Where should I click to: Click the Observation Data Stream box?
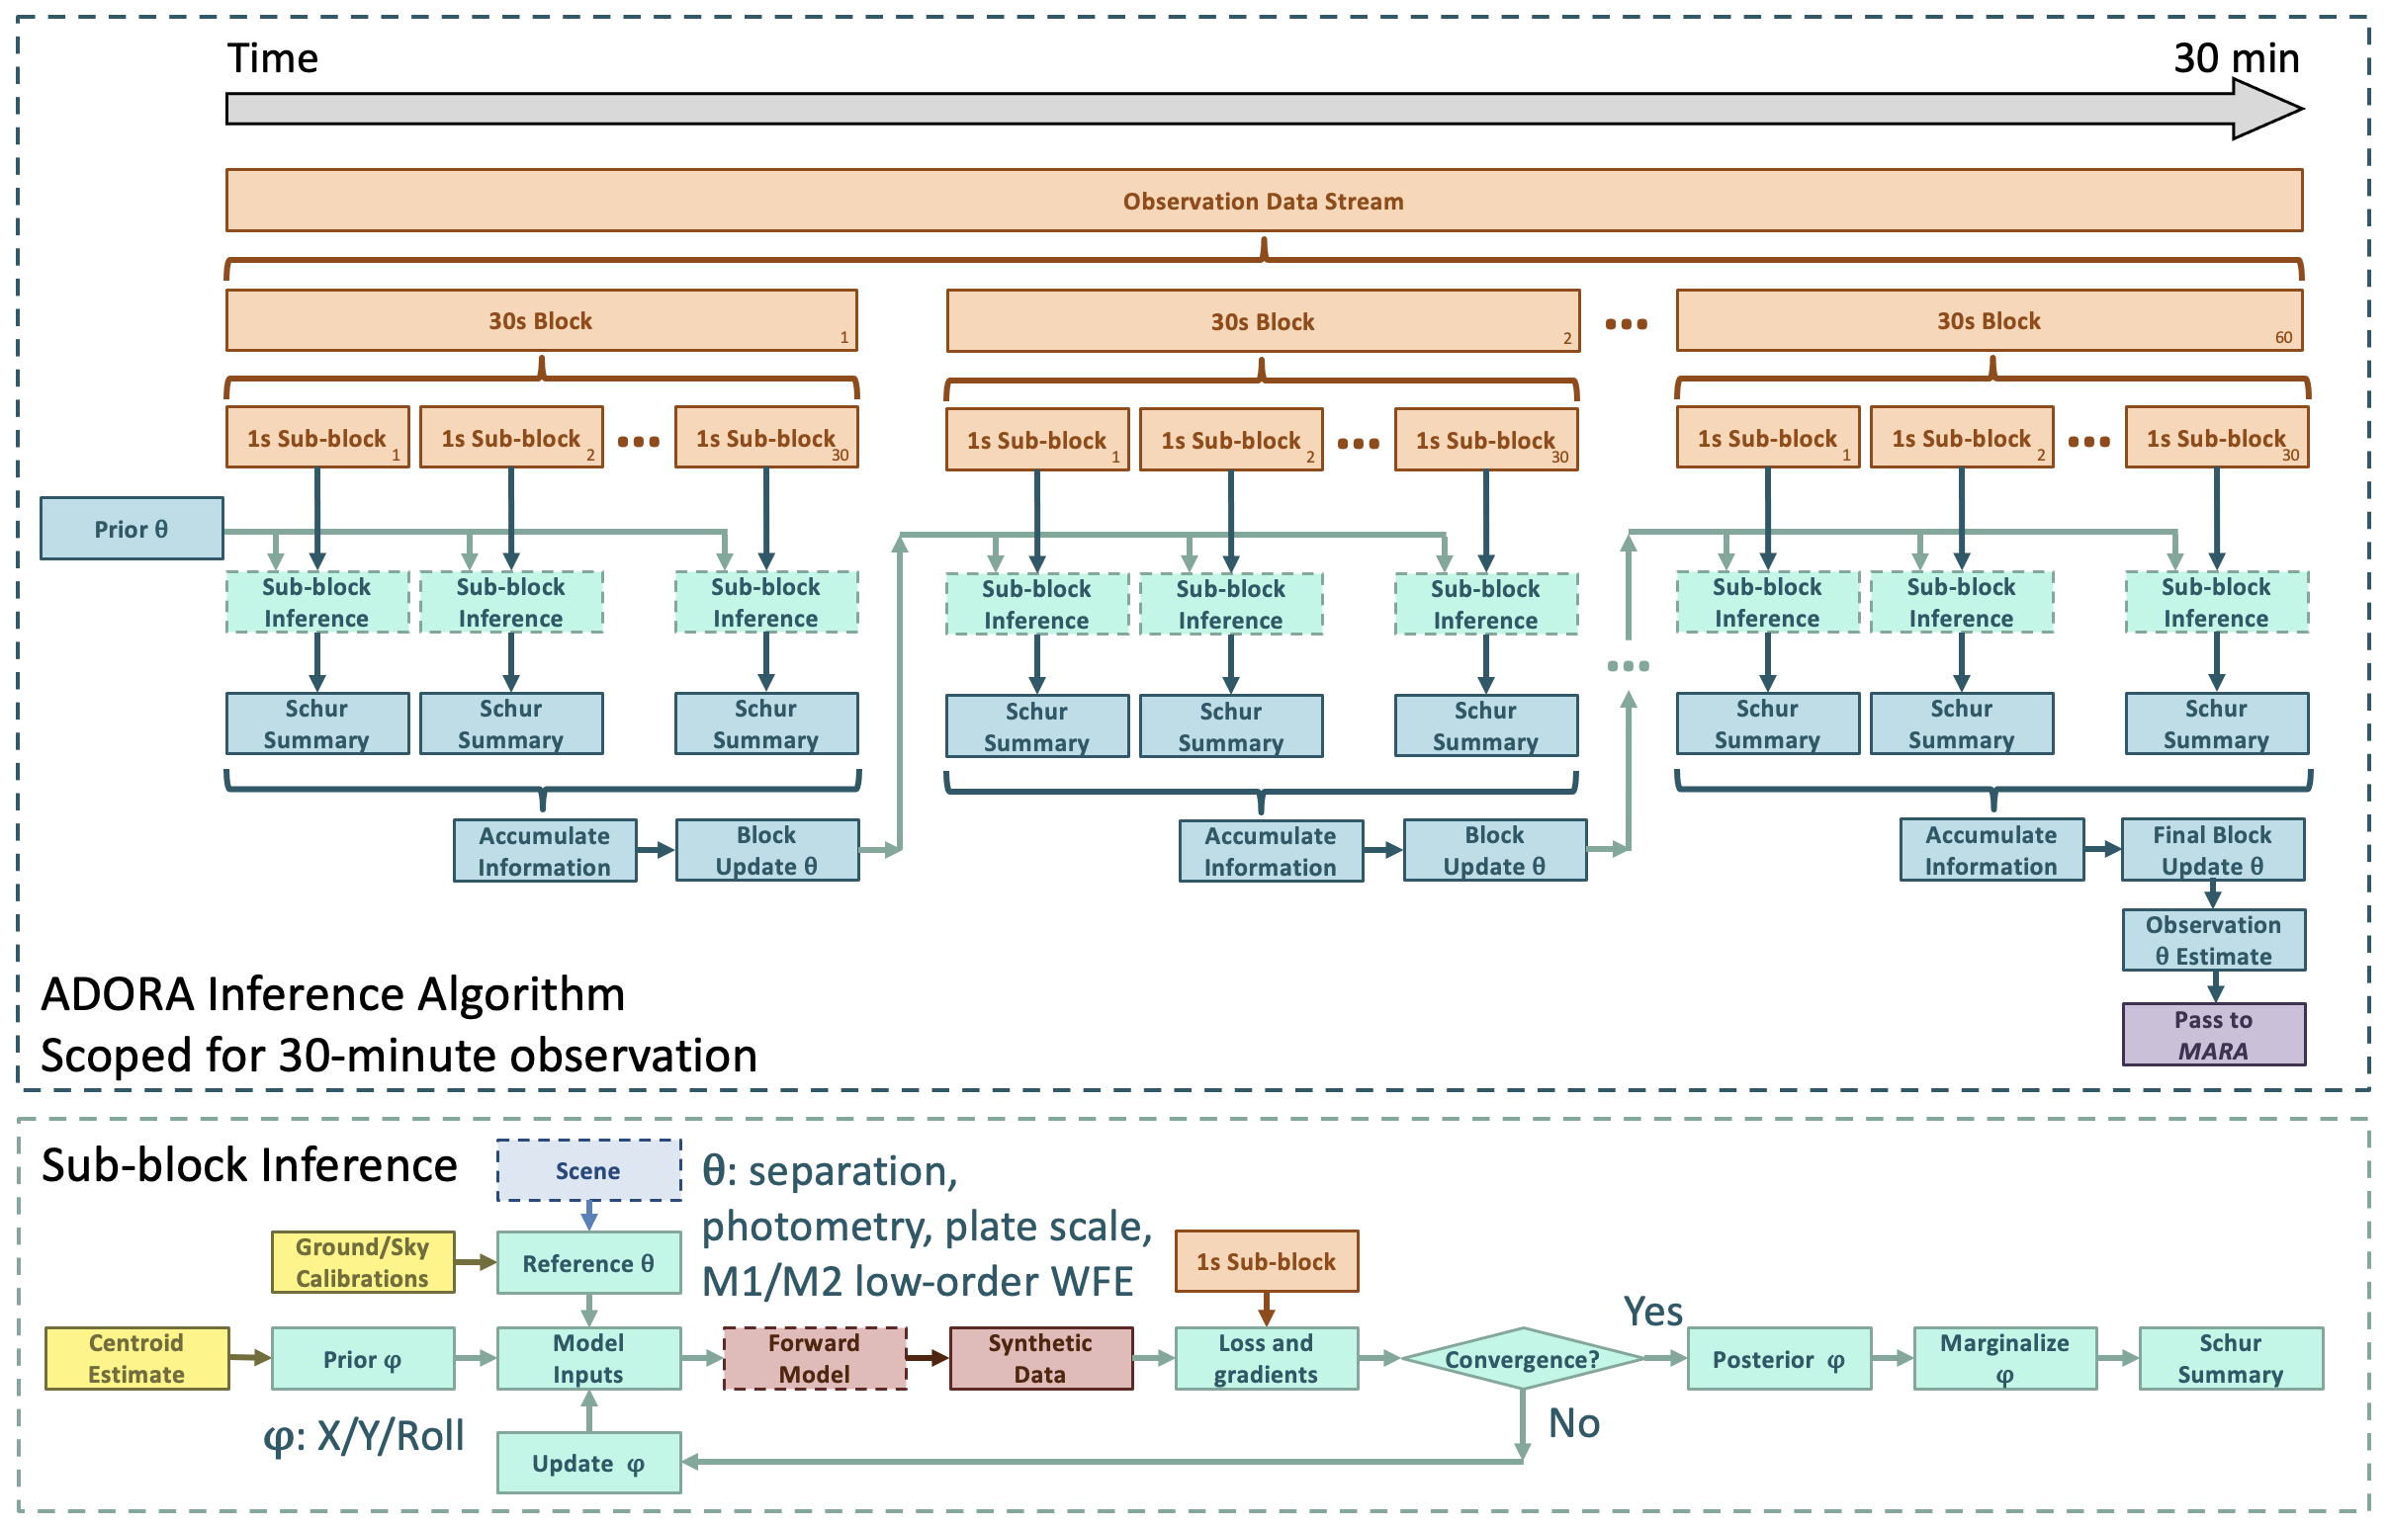click(x=1264, y=201)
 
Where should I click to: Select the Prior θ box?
click(x=132, y=529)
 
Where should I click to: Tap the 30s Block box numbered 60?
click(x=1989, y=320)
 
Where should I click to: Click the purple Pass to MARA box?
click(x=2213, y=1035)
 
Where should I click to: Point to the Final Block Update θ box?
click(x=2212, y=850)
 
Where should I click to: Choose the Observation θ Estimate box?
click(x=2213, y=940)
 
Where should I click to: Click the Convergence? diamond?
click(x=1523, y=1358)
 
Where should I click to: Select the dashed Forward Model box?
click(x=815, y=1358)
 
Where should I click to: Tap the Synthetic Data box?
click(x=1041, y=1358)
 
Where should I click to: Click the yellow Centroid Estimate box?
click(x=137, y=1358)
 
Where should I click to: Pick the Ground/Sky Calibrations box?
click(x=363, y=1262)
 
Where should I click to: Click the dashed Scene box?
click(x=588, y=1171)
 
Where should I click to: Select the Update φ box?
click(x=588, y=1463)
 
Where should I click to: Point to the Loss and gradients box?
click(x=1267, y=1358)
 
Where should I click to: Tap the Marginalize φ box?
click(x=2005, y=1358)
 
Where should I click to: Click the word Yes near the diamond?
click(x=1652, y=1312)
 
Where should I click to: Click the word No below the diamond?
click(x=1574, y=1424)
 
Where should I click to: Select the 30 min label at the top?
click(x=2236, y=57)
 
